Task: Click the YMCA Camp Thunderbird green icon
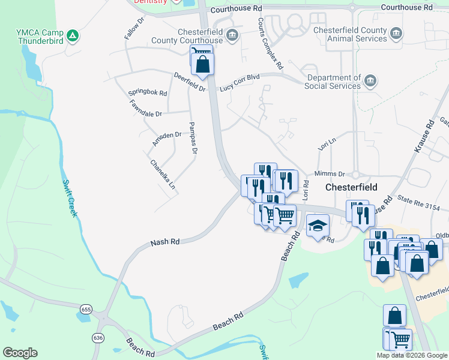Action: coord(73,36)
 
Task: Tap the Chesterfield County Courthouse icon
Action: coord(232,36)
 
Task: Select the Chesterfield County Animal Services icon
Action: coord(396,33)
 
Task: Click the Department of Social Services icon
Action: coord(370,81)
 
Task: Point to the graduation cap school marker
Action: coord(318,225)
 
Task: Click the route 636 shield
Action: coord(98,338)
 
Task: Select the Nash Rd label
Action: coord(165,242)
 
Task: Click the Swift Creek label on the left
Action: coord(68,198)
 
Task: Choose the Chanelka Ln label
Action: coord(163,175)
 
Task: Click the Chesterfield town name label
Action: coord(351,187)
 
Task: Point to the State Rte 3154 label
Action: coord(423,203)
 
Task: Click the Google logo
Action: coord(20,353)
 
